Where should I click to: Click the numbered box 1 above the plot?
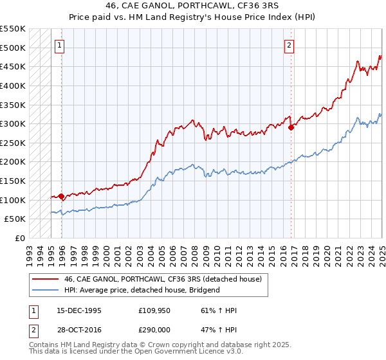pos(59,45)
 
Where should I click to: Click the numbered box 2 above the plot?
pos(289,45)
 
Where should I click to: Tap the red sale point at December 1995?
pos(61,196)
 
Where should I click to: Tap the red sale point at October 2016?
pos(291,127)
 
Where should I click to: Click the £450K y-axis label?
pos(14,66)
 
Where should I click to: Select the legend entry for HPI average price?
pos(142,291)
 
